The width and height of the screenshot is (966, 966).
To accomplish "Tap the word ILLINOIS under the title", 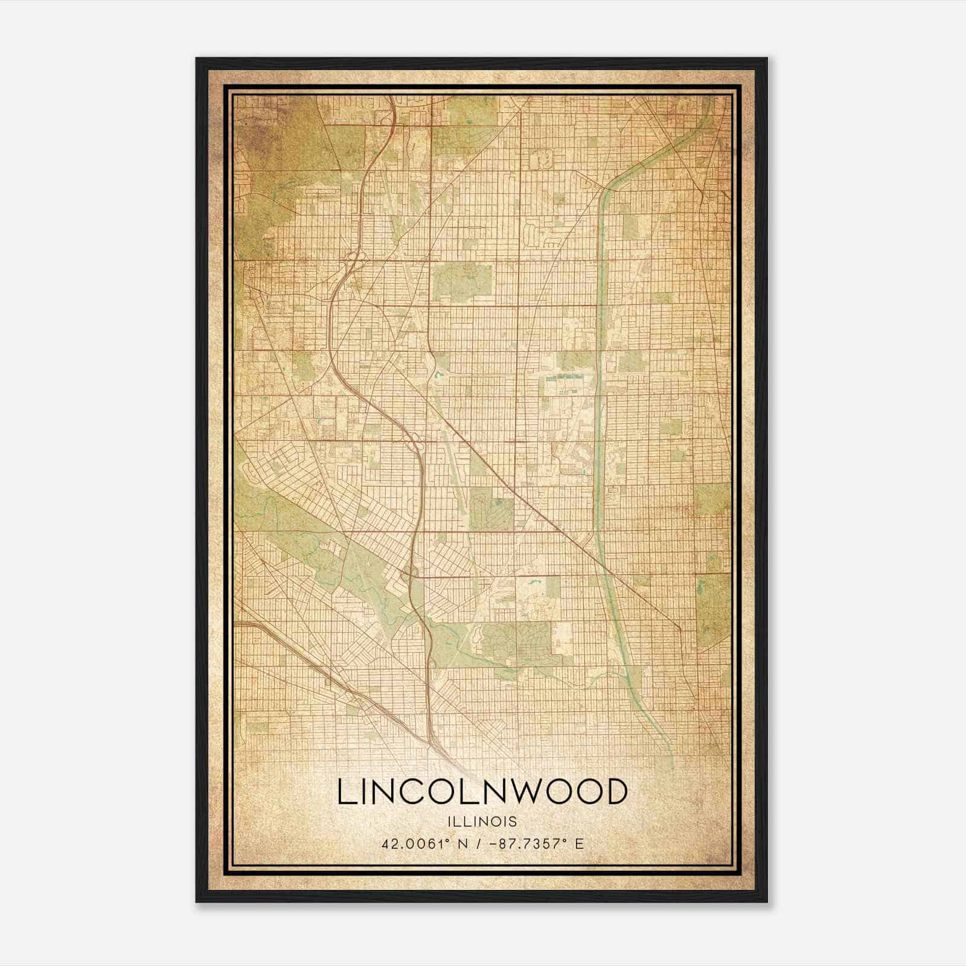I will (482, 822).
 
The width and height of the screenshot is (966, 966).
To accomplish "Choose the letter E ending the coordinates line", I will (580, 843).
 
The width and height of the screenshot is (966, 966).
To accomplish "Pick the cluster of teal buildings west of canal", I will (561, 378).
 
